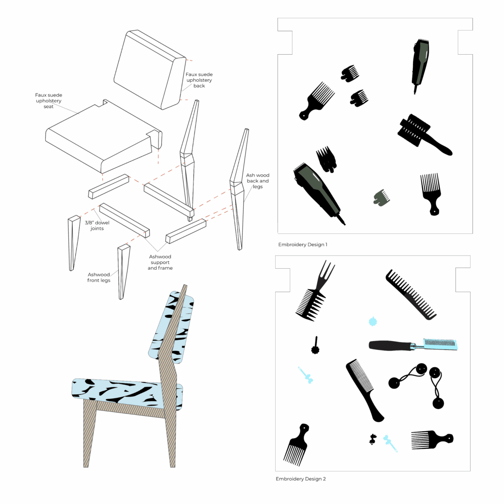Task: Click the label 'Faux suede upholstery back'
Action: pos(199,80)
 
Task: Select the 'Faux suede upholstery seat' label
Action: pos(49,100)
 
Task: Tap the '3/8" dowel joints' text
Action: pos(97,225)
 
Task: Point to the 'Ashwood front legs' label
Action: pos(98,278)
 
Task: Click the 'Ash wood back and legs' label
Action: pos(257,181)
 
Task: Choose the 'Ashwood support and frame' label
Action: pos(160,262)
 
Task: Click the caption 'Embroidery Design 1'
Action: pos(303,245)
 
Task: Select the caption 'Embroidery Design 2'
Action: pos(301,479)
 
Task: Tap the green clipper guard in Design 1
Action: pos(381,198)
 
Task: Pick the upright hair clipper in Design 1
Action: pos(420,66)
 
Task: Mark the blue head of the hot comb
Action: pos(440,344)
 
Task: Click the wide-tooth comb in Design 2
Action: pos(411,294)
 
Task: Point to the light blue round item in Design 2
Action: pos(373,321)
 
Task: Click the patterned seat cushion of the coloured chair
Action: pos(127,393)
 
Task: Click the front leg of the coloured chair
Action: pos(90,432)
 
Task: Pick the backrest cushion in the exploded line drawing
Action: pos(150,70)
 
